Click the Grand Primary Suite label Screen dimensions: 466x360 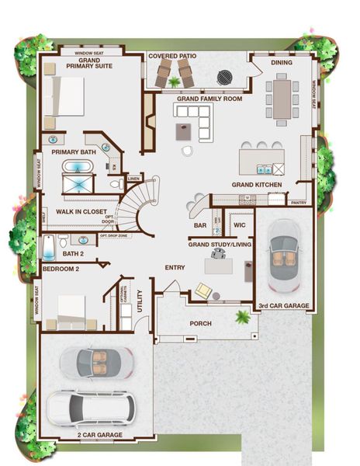88,63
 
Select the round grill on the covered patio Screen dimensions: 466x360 224,76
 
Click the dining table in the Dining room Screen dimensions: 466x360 282,99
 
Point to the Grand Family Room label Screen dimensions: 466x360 209,99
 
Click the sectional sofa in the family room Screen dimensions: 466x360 195,121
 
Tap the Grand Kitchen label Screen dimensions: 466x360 257,185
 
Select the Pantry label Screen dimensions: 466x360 298,203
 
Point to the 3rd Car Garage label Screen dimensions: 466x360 283,306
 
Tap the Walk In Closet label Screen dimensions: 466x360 81,210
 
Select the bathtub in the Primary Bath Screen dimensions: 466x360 76,169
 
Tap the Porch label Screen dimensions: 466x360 201,323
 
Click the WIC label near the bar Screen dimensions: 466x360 239,225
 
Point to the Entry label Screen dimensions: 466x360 175,267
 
